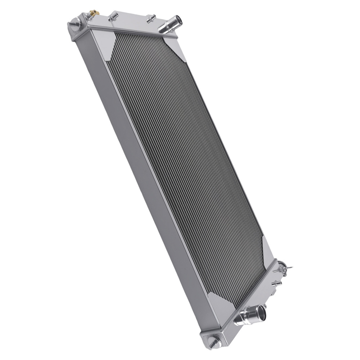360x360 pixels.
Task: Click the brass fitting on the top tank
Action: pyautogui.click(x=93, y=13)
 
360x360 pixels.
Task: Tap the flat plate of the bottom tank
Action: pyautogui.click(x=252, y=292)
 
